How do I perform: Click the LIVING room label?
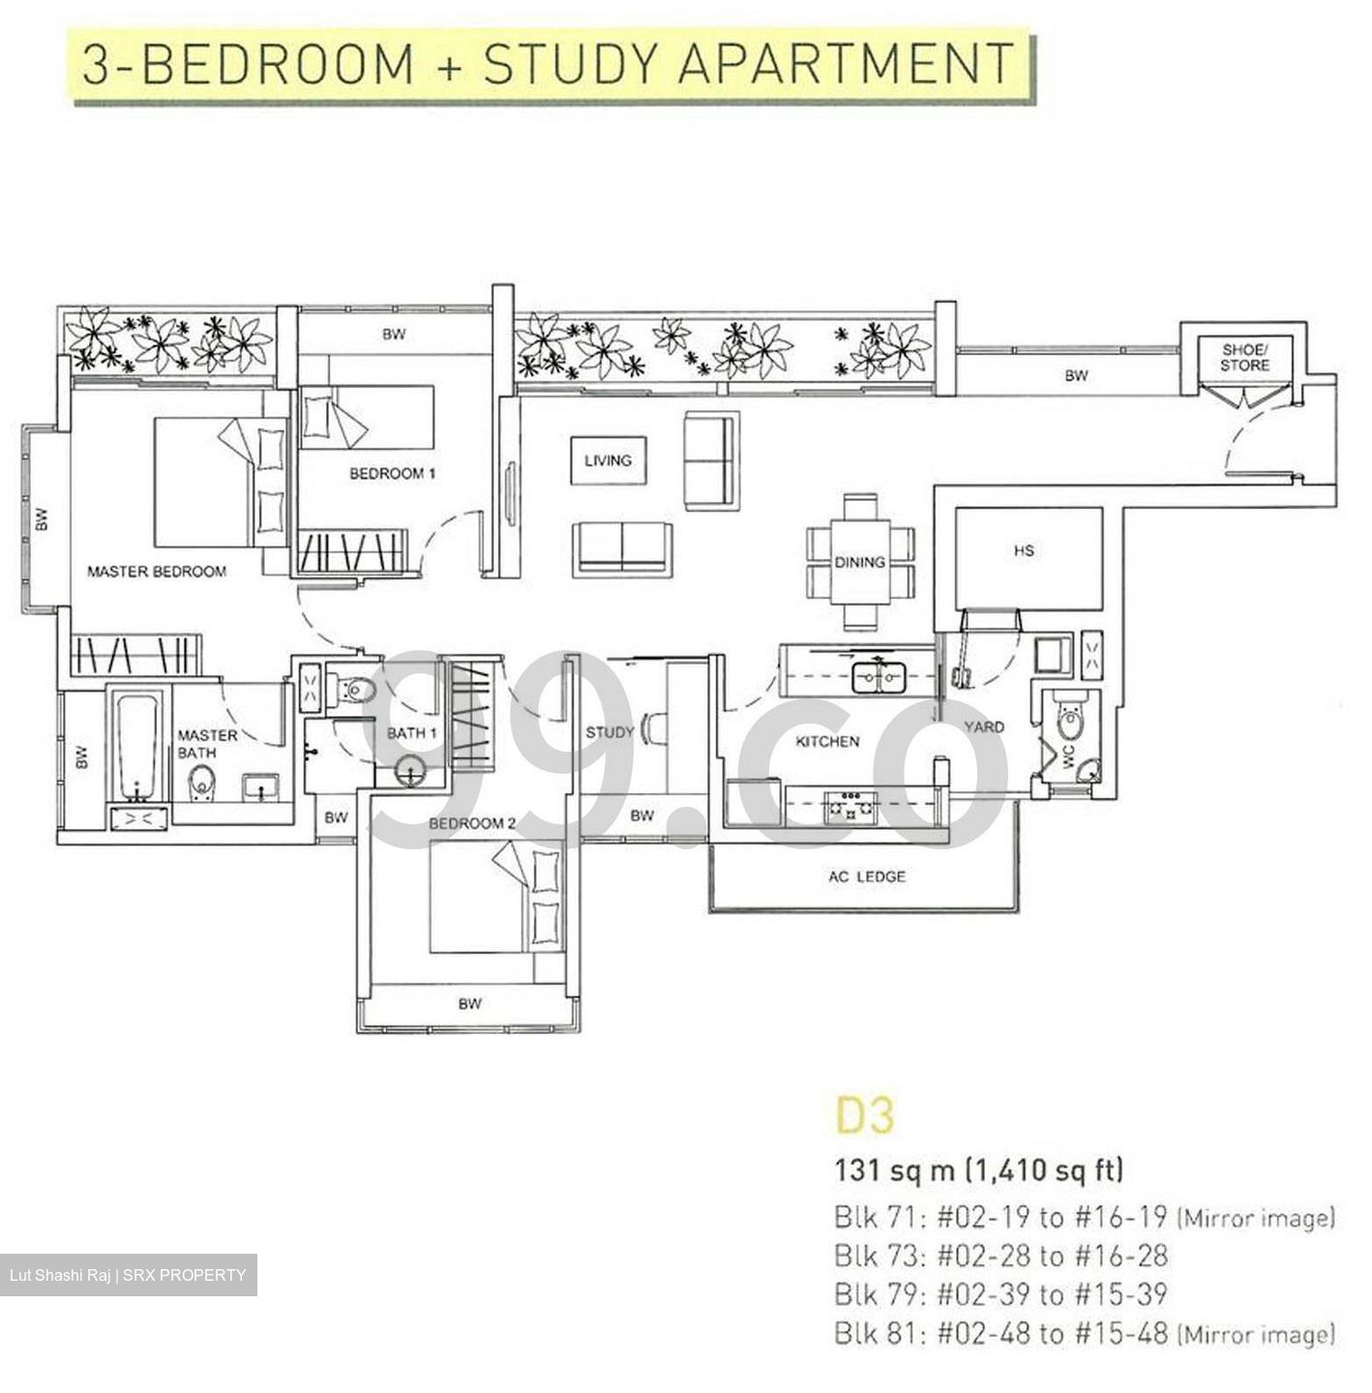tap(608, 460)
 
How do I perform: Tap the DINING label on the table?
tap(859, 562)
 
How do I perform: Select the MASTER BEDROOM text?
tap(157, 571)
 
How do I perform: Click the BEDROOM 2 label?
tap(472, 823)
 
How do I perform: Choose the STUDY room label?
tap(610, 732)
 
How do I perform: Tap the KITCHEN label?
tap(827, 741)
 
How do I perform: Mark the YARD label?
tap(984, 726)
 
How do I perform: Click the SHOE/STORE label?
tap(1244, 357)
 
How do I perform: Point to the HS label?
tap(1025, 550)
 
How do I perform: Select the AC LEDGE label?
tap(867, 876)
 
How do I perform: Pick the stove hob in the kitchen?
tap(850, 806)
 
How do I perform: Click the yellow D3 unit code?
tap(866, 1115)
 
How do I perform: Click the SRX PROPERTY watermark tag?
tap(129, 1274)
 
